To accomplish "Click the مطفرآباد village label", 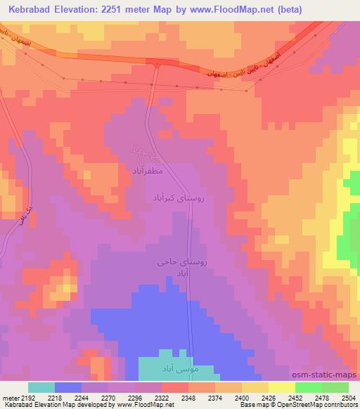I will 147,170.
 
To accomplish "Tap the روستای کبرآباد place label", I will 178,200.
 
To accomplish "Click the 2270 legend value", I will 109,398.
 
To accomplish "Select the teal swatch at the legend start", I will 41,387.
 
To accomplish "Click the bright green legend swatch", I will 309,387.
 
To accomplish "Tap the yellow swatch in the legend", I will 255,387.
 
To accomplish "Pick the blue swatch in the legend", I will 68,387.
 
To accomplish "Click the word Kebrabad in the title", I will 30,9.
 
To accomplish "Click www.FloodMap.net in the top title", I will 258,9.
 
